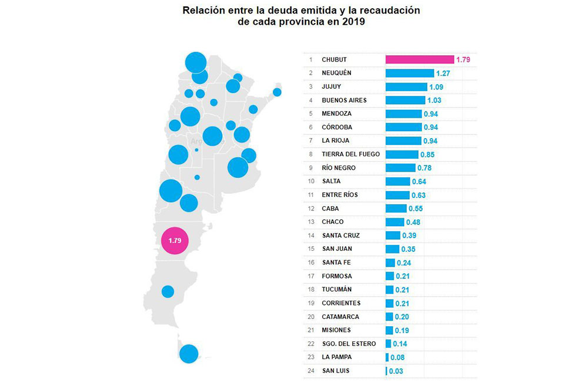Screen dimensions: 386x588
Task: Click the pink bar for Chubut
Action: coord(419,59)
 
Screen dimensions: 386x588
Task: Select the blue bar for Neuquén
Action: coord(410,73)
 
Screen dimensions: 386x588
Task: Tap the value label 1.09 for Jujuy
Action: coord(437,87)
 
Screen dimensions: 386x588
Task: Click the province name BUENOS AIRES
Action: coord(344,100)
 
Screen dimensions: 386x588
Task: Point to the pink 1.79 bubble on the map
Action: coord(175,241)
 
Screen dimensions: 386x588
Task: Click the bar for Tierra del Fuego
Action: coord(402,155)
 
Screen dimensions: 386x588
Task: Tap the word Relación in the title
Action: coord(202,11)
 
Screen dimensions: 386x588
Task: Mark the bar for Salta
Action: coord(397,182)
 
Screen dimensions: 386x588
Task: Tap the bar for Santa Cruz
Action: coord(393,236)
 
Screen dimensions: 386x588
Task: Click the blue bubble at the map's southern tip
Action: coord(189,354)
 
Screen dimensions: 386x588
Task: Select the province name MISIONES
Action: coord(336,330)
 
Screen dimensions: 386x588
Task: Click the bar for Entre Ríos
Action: coord(397,195)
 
